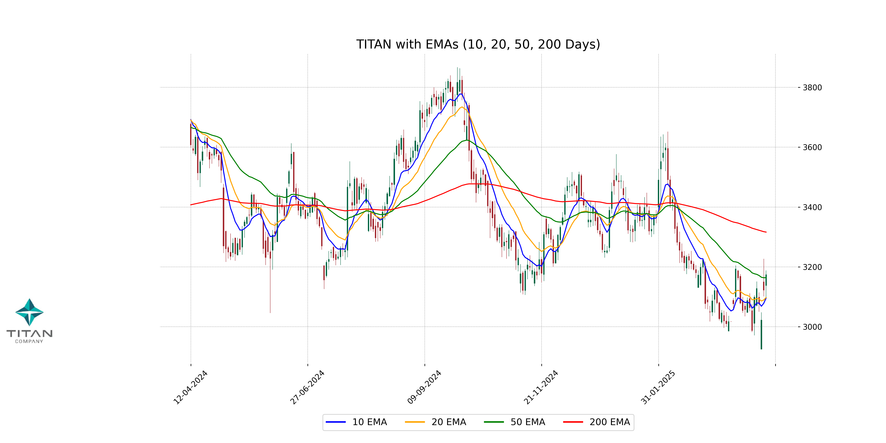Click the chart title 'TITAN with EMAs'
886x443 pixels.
coord(478,44)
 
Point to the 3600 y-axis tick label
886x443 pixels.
coord(812,147)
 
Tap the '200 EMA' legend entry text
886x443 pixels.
coord(609,422)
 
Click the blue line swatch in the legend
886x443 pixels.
coord(336,422)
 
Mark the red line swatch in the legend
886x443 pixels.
coord(573,422)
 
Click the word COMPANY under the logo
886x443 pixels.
coord(29,341)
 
